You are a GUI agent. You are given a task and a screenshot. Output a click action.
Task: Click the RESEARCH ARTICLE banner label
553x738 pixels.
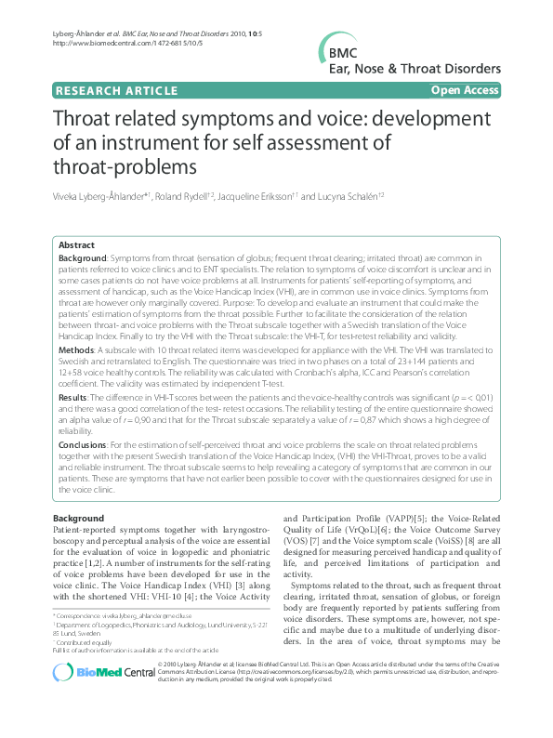click(117, 90)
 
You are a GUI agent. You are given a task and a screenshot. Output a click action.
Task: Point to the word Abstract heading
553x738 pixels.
click(77, 244)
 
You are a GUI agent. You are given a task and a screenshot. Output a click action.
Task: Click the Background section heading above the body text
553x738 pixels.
click(78, 517)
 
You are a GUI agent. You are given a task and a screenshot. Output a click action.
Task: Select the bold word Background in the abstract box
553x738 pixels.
click(82, 257)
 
